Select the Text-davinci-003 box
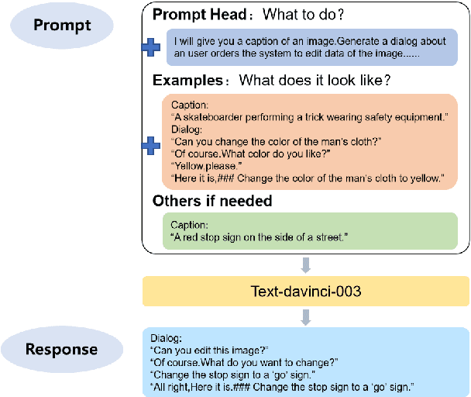pos(306,292)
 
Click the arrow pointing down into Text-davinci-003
pos(305,265)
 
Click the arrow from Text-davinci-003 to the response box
pos(305,316)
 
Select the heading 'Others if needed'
pos(212,201)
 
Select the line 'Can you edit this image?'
pos(208,350)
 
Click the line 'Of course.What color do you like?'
pos(239,154)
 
